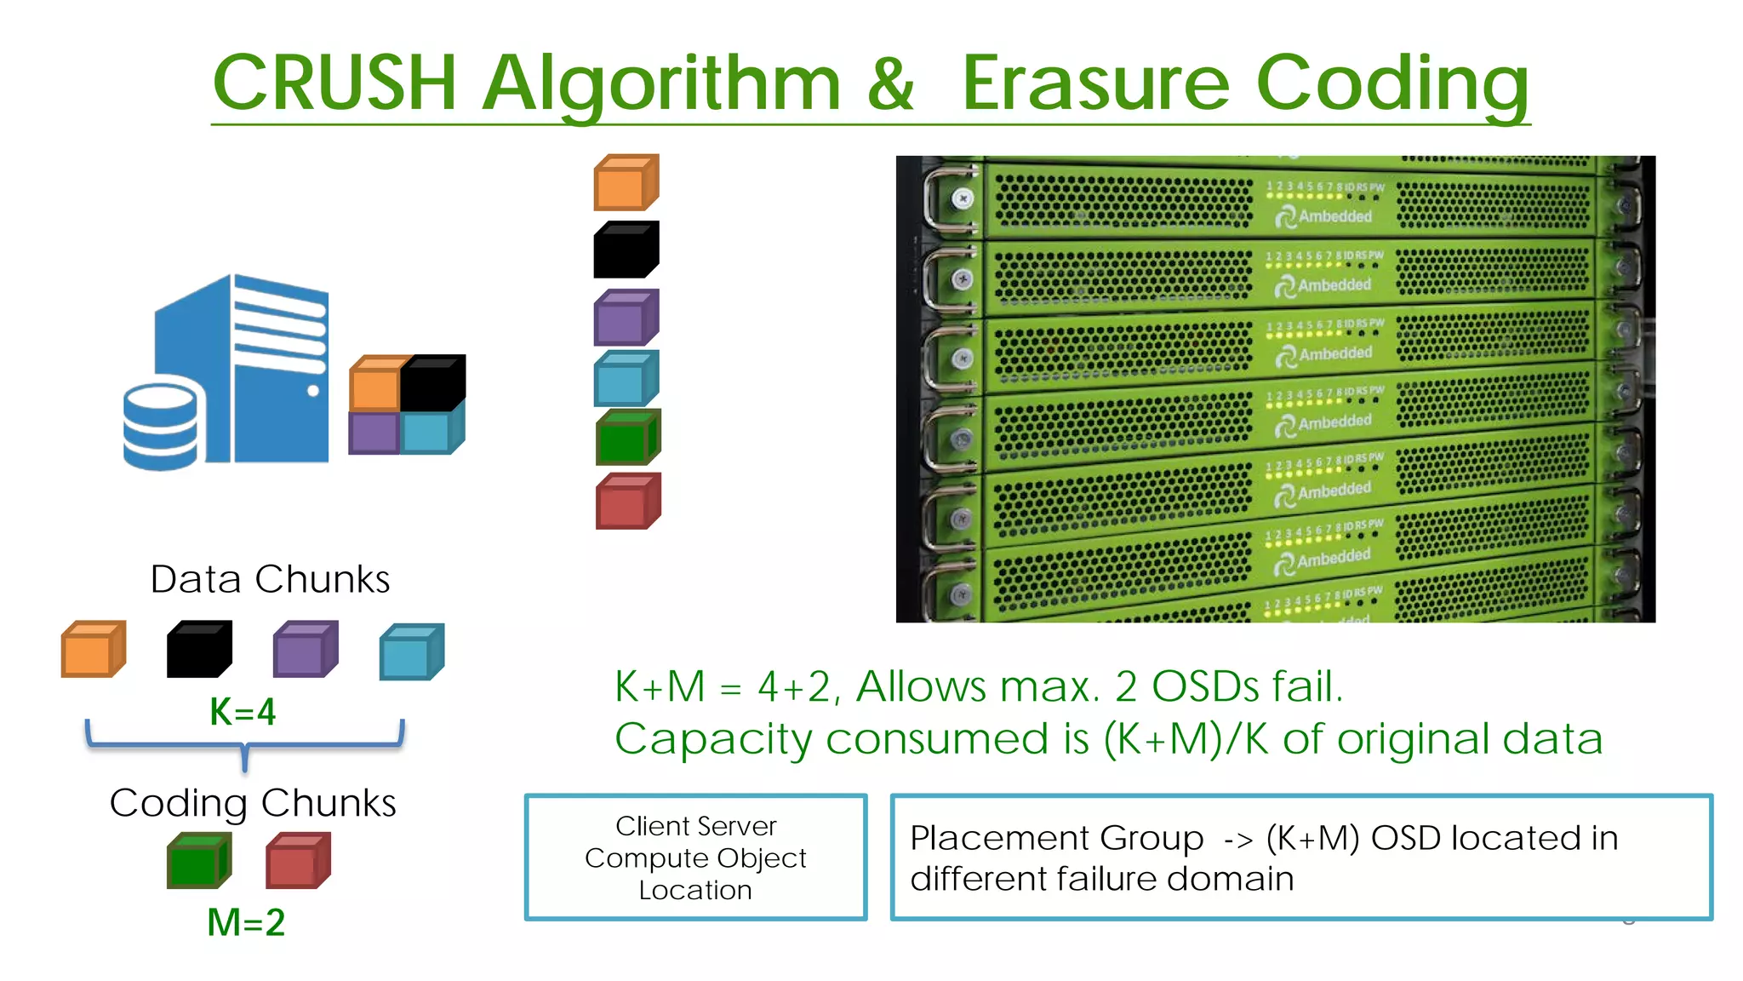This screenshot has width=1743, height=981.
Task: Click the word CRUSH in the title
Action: [334, 83]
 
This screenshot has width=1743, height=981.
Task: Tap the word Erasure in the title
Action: [1096, 83]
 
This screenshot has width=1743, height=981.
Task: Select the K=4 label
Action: [243, 712]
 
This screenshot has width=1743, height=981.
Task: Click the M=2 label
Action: [246, 922]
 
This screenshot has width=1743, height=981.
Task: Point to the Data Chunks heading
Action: [270, 579]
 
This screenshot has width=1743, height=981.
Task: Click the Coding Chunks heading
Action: [253, 803]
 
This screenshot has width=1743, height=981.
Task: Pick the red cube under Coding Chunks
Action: [297, 861]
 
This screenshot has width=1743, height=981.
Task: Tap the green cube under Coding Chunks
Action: [198, 861]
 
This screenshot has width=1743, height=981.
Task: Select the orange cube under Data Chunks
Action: [93, 650]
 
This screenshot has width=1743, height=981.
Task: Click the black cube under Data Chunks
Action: [198, 650]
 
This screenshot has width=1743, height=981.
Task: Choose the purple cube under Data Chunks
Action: [305, 650]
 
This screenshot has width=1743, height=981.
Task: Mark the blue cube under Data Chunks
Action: [411, 651]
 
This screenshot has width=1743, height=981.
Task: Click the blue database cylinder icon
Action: [160, 426]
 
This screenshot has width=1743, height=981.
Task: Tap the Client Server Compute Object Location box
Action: [695, 858]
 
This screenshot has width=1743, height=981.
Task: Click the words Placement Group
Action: [1056, 838]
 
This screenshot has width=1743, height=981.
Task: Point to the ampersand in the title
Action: [890, 83]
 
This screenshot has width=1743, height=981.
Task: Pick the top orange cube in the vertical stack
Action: [626, 182]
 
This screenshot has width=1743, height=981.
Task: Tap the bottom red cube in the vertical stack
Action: [628, 502]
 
